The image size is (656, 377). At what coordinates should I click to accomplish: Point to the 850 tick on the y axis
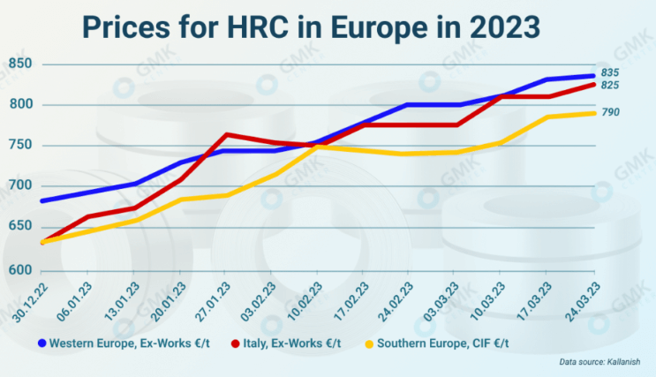[20, 64]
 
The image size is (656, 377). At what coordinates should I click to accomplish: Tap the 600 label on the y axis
[20, 269]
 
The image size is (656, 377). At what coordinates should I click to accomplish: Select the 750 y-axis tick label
[20, 146]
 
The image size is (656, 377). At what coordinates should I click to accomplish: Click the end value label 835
[610, 72]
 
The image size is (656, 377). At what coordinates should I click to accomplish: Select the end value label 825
[610, 85]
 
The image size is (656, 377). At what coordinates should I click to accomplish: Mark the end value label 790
[610, 112]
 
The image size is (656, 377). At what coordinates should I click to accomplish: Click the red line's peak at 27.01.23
[227, 135]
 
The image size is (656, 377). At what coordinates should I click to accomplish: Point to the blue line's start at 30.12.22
[42, 201]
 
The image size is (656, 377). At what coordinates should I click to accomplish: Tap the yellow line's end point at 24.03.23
[592, 113]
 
